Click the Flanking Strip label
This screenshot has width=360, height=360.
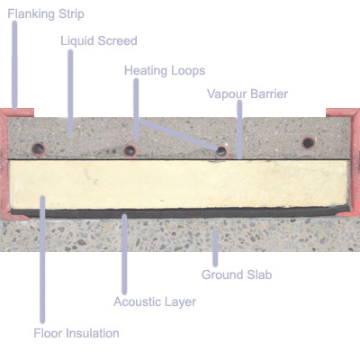(x=46, y=14)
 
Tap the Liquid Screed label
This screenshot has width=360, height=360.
(x=99, y=40)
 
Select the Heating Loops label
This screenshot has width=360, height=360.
(x=165, y=70)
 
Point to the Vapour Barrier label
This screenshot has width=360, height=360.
(x=247, y=94)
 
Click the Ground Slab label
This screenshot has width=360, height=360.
(x=237, y=274)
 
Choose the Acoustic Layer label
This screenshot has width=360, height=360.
(x=155, y=301)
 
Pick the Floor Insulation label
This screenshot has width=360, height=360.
(x=76, y=333)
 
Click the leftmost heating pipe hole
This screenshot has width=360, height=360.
(x=39, y=148)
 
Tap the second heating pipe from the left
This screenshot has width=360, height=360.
(x=130, y=149)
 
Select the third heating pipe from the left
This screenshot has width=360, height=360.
(x=221, y=150)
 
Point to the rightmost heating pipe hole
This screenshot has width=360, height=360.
(x=309, y=142)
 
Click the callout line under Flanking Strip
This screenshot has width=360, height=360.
(x=14, y=65)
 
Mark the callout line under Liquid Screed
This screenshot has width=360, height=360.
(x=70, y=92)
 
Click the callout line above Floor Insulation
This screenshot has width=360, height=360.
(x=42, y=259)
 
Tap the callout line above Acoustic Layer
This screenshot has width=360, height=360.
(x=124, y=254)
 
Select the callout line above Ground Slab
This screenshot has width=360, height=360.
(x=215, y=248)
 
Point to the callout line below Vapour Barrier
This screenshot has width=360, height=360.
(x=239, y=129)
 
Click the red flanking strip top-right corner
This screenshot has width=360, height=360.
(x=359, y=109)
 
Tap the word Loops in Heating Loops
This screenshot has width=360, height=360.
(x=188, y=71)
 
